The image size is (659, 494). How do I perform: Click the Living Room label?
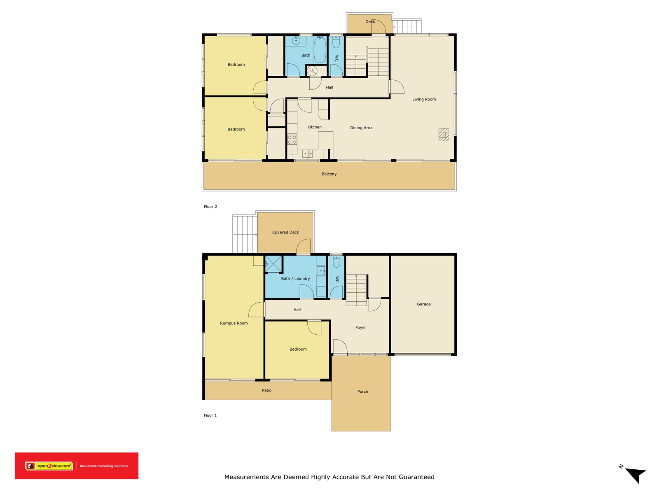click(x=424, y=99)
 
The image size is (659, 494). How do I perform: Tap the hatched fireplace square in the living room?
click(x=444, y=135)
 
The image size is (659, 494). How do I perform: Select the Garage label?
click(x=423, y=304)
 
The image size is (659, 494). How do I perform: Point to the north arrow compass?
click(x=635, y=474)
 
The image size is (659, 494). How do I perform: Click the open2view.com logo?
click(x=49, y=466)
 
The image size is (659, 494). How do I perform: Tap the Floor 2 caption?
click(x=210, y=207)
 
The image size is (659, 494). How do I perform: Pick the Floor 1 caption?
click(x=210, y=415)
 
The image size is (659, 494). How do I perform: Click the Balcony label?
click(x=329, y=174)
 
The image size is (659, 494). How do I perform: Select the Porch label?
click(x=362, y=391)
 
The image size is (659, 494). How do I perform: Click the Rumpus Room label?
click(x=234, y=323)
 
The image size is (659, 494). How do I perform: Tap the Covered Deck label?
click(x=285, y=232)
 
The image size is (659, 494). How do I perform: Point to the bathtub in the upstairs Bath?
click(x=320, y=51)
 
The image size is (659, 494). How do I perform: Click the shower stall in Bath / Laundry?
click(x=273, y=264)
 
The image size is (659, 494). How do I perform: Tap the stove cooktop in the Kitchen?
click(x=292, y=140)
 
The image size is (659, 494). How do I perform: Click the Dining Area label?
click(x=361, y=128)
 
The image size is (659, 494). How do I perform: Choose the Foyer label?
click(x=361, y=328)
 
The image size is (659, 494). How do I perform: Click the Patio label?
click(x=266, y=390)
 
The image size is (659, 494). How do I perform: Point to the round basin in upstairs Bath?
click(x=296, y=41)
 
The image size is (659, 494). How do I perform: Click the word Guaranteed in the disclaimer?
click(x=416, y=477)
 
